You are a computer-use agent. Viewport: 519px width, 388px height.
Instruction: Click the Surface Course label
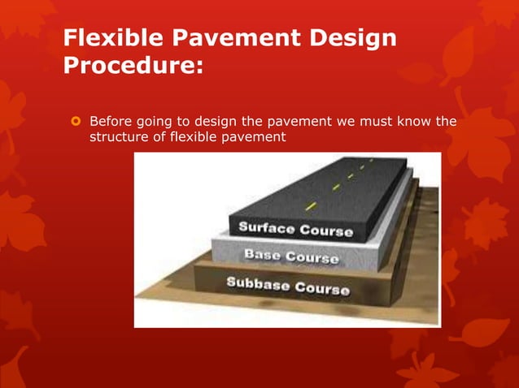295,228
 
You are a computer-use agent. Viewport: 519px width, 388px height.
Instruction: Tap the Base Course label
291,257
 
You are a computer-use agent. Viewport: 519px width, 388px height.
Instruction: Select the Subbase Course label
287,286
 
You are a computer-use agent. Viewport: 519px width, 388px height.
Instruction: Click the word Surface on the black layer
266,226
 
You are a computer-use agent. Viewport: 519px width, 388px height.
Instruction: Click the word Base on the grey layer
264,255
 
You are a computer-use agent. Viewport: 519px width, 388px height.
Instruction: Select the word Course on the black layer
326,231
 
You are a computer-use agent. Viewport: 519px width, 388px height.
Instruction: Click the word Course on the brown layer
322,288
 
